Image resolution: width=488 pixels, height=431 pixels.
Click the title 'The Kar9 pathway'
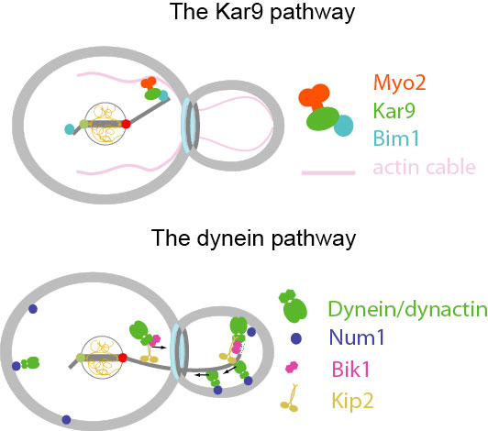[x=261, y=13]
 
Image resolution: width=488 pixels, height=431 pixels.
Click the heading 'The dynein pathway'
[x=253, y=238]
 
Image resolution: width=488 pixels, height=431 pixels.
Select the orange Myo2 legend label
[x=399, y=83]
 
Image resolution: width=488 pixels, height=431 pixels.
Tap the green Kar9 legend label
[x=394, y=111]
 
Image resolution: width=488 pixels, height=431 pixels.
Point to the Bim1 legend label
[x=396, y=138]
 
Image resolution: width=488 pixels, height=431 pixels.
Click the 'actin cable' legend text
[x=424, y=167]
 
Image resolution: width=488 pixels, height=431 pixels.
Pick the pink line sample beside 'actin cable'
[x=328, y=172]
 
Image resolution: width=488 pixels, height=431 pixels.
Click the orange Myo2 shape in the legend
[x=315, y=96]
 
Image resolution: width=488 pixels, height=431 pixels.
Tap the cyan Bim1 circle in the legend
[x=344, y=126]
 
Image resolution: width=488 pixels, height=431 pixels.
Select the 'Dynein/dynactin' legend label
[x=407, y=309]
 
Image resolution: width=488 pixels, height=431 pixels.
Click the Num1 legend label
[x=357, y=337]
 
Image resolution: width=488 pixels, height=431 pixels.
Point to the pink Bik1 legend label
[x=350, y=370]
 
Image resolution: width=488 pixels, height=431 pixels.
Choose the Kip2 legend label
[x=352, y=401]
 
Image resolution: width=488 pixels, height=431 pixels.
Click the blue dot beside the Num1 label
[x=296, y=338]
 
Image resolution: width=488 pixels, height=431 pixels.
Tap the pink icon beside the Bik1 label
[x=292, y=367]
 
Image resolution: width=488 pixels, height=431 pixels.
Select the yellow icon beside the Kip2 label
[x=290, y=398]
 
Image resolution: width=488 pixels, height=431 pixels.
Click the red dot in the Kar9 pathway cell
[x=126, y=124]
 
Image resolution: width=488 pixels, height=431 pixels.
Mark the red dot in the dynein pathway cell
[x=123, y=358]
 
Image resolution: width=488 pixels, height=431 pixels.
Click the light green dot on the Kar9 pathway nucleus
[x=84, y=124]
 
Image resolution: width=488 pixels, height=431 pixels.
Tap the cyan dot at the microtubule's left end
[x=70, y=128]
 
